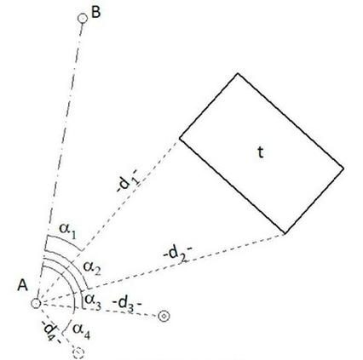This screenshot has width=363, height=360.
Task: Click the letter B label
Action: tap(96, 13)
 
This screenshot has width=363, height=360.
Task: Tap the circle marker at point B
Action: tap(83, 19)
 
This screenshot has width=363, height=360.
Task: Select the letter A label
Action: tap(23, 285)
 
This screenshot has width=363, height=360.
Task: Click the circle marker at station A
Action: tap(37, 303)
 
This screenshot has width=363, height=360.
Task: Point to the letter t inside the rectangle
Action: tap(261, 152)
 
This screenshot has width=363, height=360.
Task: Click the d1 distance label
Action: tap(128, 181)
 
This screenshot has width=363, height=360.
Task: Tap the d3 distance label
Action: tap(127, 304)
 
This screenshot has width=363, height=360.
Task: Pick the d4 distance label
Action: tap(51, 331)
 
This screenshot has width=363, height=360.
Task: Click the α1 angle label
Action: tap(68, 231)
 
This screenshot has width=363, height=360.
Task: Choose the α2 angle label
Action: tap(91, 267)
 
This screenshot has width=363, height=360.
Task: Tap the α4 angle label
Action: tap(82, 330)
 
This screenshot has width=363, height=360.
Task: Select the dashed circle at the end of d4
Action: tap(78, 352)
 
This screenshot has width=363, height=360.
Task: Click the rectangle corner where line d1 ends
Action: tap(180, 138)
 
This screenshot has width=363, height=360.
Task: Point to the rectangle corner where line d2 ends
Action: tap(285, 234)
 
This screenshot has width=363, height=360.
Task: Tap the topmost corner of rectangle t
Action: tap(238, 74)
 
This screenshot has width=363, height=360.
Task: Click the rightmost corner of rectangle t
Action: tap(343, 169)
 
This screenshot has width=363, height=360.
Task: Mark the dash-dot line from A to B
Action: tap(60, 160)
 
